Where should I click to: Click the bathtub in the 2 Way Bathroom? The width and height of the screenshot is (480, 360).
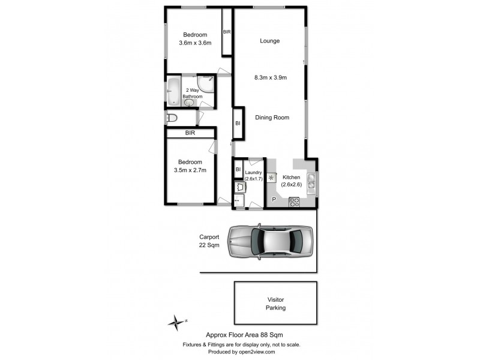(173, 92)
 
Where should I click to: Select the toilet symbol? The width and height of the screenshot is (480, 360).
(172, 118)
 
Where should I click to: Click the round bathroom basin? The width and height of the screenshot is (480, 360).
(190, 103)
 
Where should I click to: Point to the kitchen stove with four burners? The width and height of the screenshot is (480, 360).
(295, 202)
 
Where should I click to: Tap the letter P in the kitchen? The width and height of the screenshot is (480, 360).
(274, 199)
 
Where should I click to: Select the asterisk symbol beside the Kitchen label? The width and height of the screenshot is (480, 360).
(271, 178)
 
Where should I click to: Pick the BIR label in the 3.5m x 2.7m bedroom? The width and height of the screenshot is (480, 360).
(190, 133)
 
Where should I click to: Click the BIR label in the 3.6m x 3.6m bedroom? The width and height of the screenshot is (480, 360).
(227, 32)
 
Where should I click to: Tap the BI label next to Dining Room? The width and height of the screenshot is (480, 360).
(238, 123)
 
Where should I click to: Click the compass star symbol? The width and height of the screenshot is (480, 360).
(175, 322)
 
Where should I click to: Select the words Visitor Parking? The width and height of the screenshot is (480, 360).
(275, 303)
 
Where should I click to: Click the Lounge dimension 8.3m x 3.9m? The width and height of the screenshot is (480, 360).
(271, 77)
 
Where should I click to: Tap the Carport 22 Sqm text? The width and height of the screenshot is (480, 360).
(209, 241)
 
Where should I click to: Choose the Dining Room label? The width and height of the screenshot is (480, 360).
(272, 118)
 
